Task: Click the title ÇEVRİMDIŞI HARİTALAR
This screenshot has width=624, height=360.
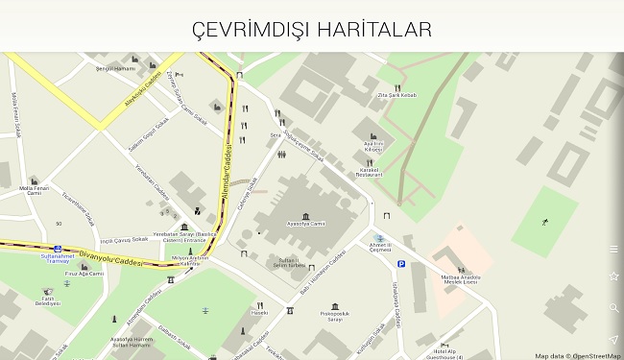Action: [x=312, y=29]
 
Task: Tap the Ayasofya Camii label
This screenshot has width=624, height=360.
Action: [x=304, y=223]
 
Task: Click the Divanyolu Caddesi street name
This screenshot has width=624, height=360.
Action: [x=110, y=257]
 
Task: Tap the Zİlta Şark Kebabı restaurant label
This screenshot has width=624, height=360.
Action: [x=396, y=95]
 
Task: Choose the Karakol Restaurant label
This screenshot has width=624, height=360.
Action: [x=369, y=173]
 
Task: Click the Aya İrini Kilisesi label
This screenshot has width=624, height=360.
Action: [x=372, y=147]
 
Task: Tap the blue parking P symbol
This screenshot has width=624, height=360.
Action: [x=401, y=263]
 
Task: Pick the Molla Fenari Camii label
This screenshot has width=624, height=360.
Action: [x=34, y=190]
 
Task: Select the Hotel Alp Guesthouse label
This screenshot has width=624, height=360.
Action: [x=446, y=353]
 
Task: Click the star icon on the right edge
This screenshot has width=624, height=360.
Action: [x=613, y=276]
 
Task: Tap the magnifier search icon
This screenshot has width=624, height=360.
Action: [x=613, y=308]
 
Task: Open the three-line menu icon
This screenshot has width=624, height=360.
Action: [x=613, y=249]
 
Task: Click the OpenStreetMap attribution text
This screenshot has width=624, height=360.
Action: [x=578, y=355]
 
